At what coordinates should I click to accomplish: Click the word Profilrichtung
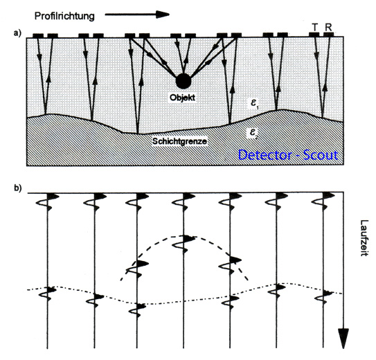click(x=64, y=17)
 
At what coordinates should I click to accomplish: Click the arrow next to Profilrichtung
click(x=137, y=15)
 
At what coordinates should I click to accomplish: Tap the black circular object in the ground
click(x=183, y=81)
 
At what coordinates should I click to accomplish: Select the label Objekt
click(x=183, y=98)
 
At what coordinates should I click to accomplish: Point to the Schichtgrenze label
click(x=179, y=141)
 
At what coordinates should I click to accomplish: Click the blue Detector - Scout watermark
click(x=288, y=155)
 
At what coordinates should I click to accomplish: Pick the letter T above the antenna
click(x=315, y=28)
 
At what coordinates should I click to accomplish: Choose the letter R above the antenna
click(x=328, y=28)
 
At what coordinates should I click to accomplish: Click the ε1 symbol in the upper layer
click(x=254, y=104)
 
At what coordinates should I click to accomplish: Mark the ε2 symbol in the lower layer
click(x=254, y=133)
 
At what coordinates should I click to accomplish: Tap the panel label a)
click(x=17, y=33)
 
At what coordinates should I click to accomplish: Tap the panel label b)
click(x=17, y=188)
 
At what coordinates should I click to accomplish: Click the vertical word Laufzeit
click(x=364, y=237)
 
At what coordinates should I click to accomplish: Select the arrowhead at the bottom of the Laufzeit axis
click(x=343, y=339)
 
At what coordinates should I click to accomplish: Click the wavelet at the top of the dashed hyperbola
click(x=184, y=243)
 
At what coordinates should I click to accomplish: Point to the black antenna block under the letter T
click(x=314, y=35)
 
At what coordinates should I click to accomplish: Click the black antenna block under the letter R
click(x=328, y=35)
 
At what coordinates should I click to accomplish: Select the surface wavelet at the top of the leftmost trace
click(x=48, y=202)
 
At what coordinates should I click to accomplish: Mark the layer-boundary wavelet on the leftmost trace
click(x=48, y=293)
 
